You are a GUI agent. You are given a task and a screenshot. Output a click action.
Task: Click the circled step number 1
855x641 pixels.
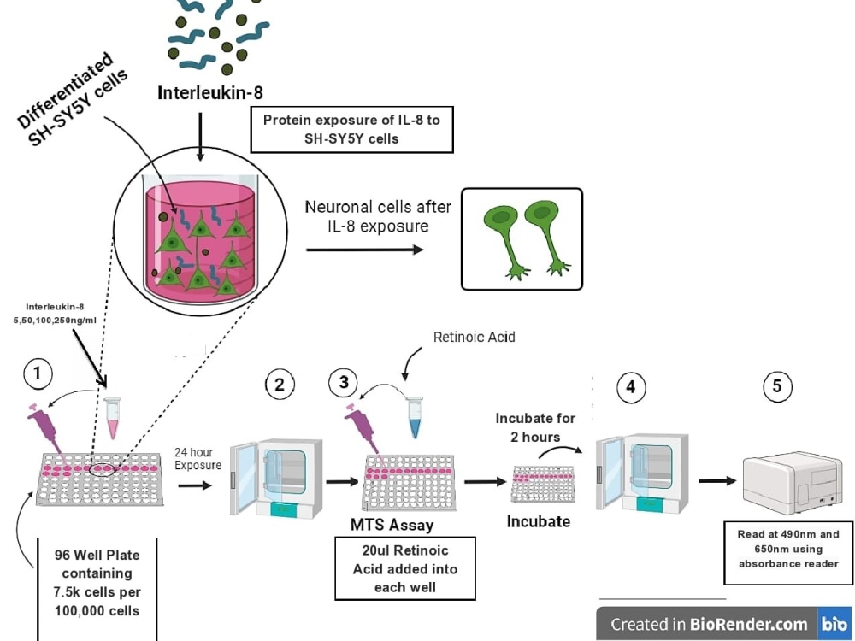pos(37,372)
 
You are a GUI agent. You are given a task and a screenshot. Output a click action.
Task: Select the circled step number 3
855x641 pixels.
pos(344,382)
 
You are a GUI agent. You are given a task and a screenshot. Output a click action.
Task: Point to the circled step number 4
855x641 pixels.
pos(630,386)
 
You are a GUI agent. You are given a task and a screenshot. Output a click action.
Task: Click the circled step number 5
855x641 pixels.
pos(776,386)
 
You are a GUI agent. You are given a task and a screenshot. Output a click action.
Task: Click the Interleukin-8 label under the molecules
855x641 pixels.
pos(210,92)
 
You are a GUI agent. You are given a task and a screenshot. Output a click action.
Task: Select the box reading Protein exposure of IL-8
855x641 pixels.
pos(351,130)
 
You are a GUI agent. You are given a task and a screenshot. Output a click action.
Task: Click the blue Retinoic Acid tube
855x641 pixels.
pos(415,417)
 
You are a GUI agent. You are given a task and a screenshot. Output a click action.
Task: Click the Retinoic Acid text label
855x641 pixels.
pos(474,337)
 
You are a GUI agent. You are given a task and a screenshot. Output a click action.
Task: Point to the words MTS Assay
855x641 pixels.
pos(392,525)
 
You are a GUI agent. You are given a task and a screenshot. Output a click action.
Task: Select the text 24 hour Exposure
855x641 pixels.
pos(198,459)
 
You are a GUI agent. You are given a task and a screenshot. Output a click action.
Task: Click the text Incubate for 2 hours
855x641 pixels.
pos(535,427)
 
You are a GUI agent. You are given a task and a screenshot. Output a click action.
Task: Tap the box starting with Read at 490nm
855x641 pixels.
pos(788,549)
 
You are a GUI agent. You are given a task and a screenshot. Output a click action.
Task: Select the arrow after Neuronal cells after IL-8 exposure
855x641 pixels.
pos(364,249)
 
